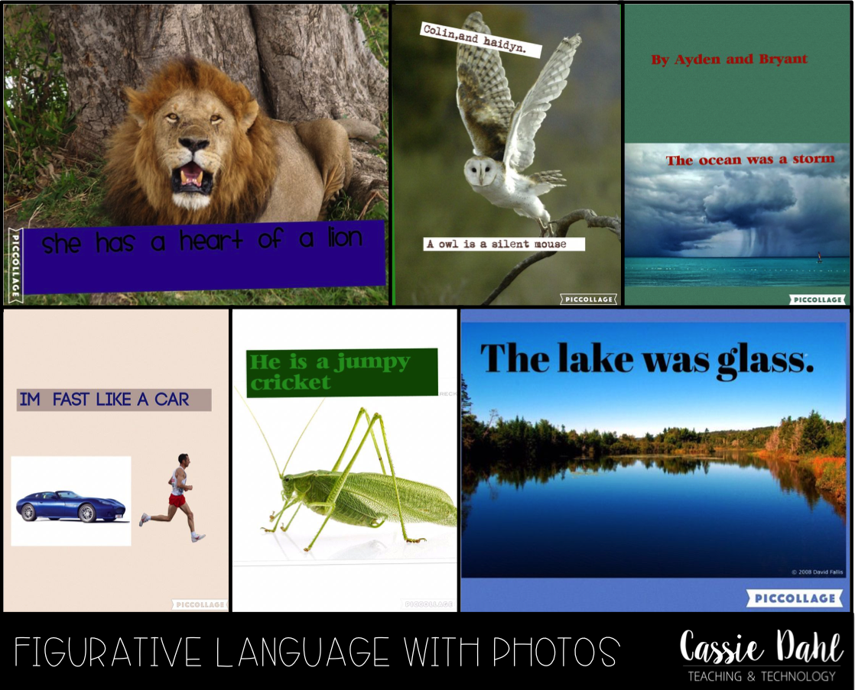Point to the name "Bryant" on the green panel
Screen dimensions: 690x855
pyautogui.click(x=781, y=59)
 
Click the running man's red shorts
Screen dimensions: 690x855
pyautogui.click(x=177, y=500)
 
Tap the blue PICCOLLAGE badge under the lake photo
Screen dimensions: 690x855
pyautogui.click(x=795, y=598)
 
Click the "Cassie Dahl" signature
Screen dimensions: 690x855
pyautogui.click(x=761, y=646)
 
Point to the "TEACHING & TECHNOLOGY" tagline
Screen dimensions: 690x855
pyautogui.click(x=761, y=675)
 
